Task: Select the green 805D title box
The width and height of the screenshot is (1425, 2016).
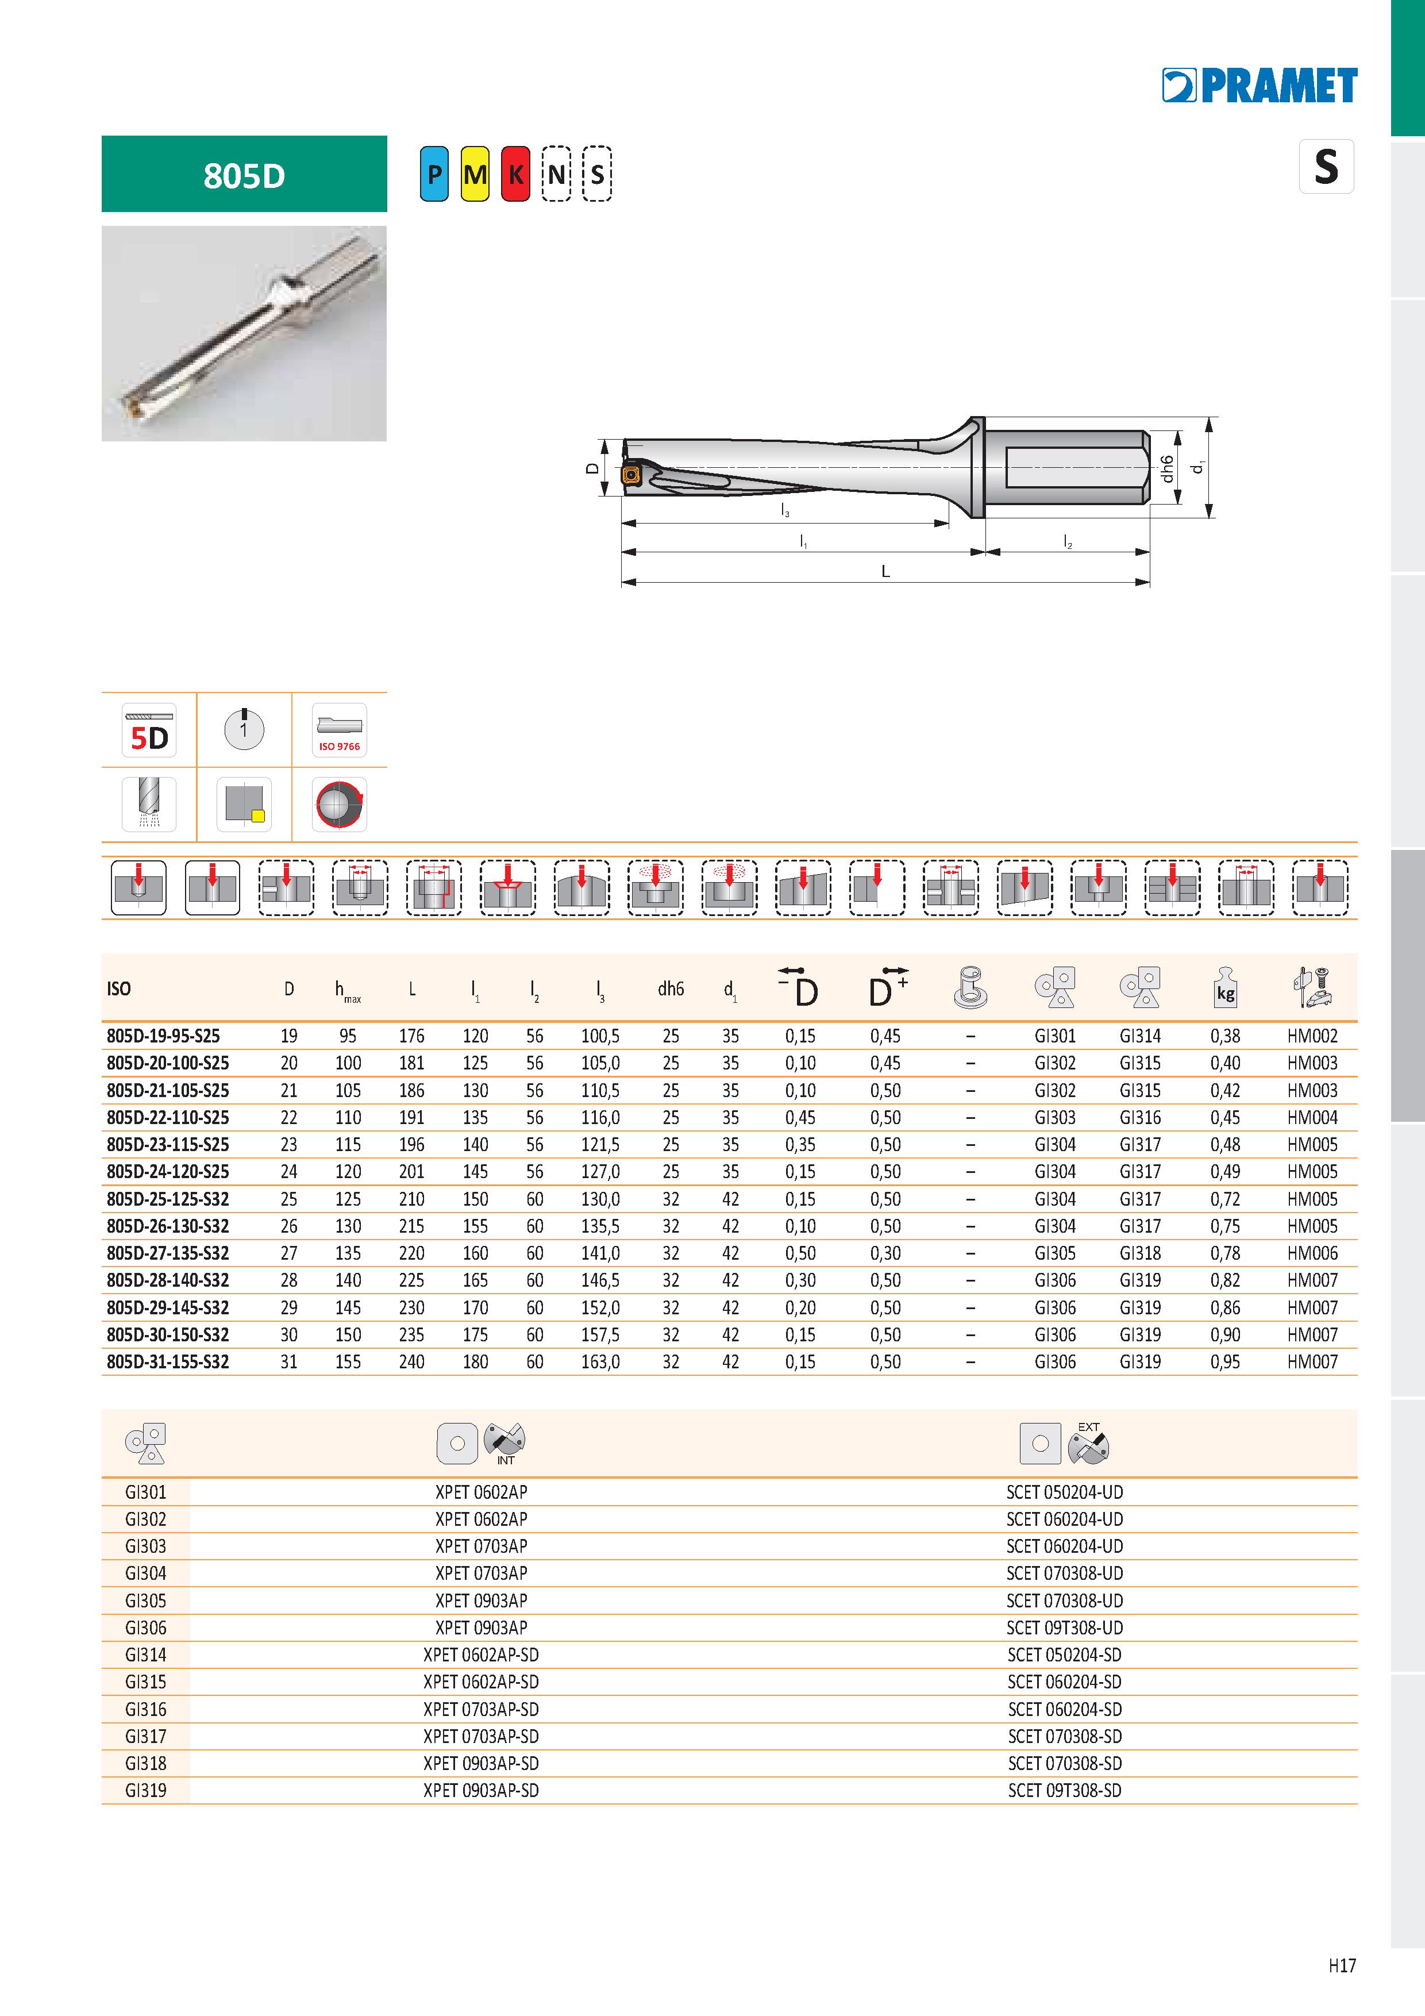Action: point(244,174)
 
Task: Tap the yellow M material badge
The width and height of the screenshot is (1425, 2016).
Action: point(475,174)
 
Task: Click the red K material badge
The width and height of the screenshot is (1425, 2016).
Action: point(515,174)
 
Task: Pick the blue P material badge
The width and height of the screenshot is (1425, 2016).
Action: point(434,174)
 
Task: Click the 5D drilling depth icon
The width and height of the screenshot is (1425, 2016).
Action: point(149,730)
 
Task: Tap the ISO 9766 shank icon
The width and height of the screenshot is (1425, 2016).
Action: point(339,730)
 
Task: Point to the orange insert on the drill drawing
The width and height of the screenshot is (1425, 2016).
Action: point(630,475)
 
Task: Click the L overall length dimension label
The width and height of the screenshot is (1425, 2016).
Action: point(886,571)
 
